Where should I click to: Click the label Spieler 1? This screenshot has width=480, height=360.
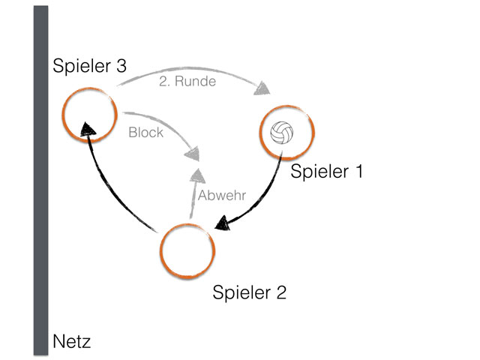click(x=326, y=172)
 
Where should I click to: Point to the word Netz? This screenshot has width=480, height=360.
click(x=73, y=343)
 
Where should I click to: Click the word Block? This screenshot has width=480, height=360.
click(x=145, y=133)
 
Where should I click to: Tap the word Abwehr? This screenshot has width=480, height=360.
click(x=222, y=196)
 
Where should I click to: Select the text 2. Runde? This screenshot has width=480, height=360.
click(x=187, y=82)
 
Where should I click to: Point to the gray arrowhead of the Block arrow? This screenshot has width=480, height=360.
click(x=194, y=153)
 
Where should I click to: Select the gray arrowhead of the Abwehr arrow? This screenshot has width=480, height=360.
click(x=197, y=177)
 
